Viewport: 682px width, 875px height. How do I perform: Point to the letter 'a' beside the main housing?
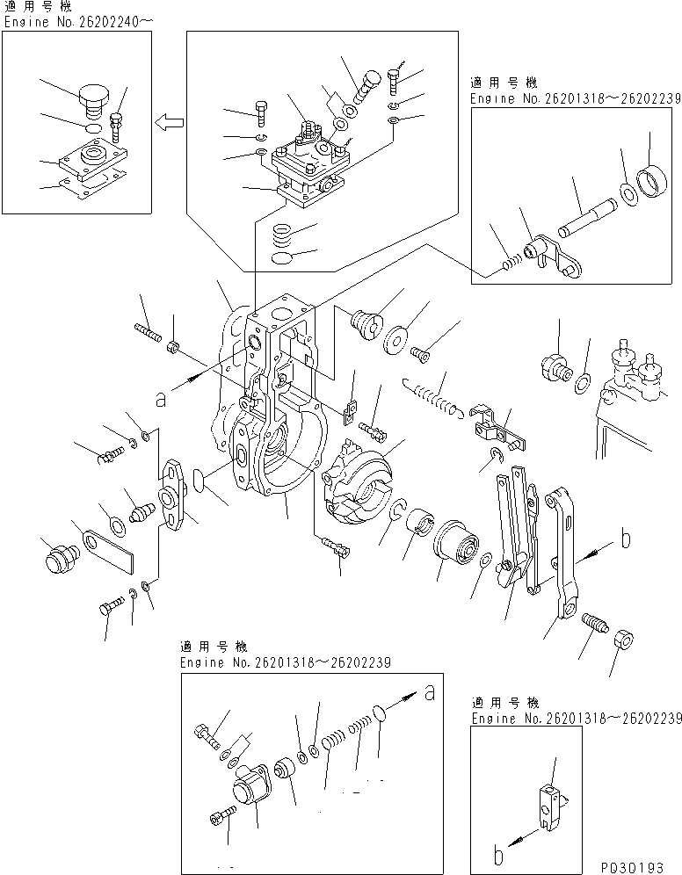pyautogui.click(x=160, y=398)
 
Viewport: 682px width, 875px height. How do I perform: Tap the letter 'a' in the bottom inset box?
pyautogui.click(x=429, y=692)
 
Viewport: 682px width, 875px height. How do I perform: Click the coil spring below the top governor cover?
pyautogui.click(x=281, y=235)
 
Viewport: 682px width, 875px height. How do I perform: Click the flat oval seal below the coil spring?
pyautogui.click(x=280, y=259)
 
